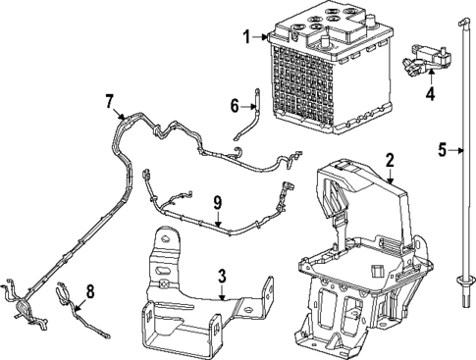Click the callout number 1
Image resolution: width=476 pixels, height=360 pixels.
pos(247,37)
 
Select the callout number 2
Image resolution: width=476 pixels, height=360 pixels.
pos(390,159)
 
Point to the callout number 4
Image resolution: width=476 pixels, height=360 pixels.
pos(429,94)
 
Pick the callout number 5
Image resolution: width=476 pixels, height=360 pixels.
pos(443,150)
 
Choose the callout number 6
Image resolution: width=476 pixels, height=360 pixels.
pos(235,105)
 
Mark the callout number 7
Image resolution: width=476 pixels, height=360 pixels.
pos(110,100)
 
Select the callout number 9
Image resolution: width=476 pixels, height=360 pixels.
pos(218,203)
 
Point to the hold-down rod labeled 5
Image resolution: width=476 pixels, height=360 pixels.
pos(460,177)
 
